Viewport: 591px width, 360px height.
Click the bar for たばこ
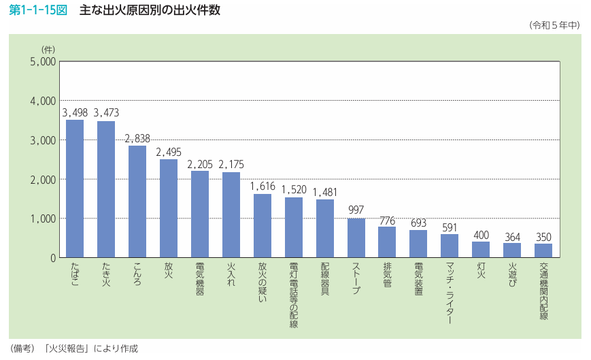pyautogui.click(x=75, y=189)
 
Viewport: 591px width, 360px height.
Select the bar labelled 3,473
pyautogui.click(x=106, y=190)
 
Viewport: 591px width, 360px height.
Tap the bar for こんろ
pyautogui.click(x=137, y=202)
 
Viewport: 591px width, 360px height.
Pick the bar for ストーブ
pyautogui.click(x=356, y=238)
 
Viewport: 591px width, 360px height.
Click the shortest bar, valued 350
pyautogui.click(x=543, y=250)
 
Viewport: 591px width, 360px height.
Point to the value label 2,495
pyautogui.click(x=169, y=152)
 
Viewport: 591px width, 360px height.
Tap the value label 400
pyautogui.click(x=481, y=234)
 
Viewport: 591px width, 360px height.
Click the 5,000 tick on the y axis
pyautogui.click(x=42, y=62)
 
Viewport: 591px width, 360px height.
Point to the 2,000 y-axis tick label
pyautogui.click(x=42, y=180)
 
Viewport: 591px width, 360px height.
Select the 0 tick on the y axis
pyautogui.click(x=52, y=258)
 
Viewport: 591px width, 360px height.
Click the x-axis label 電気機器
pyautogui.click(x=200, y=279)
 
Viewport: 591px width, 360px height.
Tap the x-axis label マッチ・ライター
pyautogui.click(x=450, y=292)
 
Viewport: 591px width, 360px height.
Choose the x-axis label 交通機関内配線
pyautogui.click(x=543, y=291)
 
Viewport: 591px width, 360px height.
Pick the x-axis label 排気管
pyautogui.click(x=387, y=275)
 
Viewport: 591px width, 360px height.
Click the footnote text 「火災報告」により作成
pyautogui.click(x=90, y=348)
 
